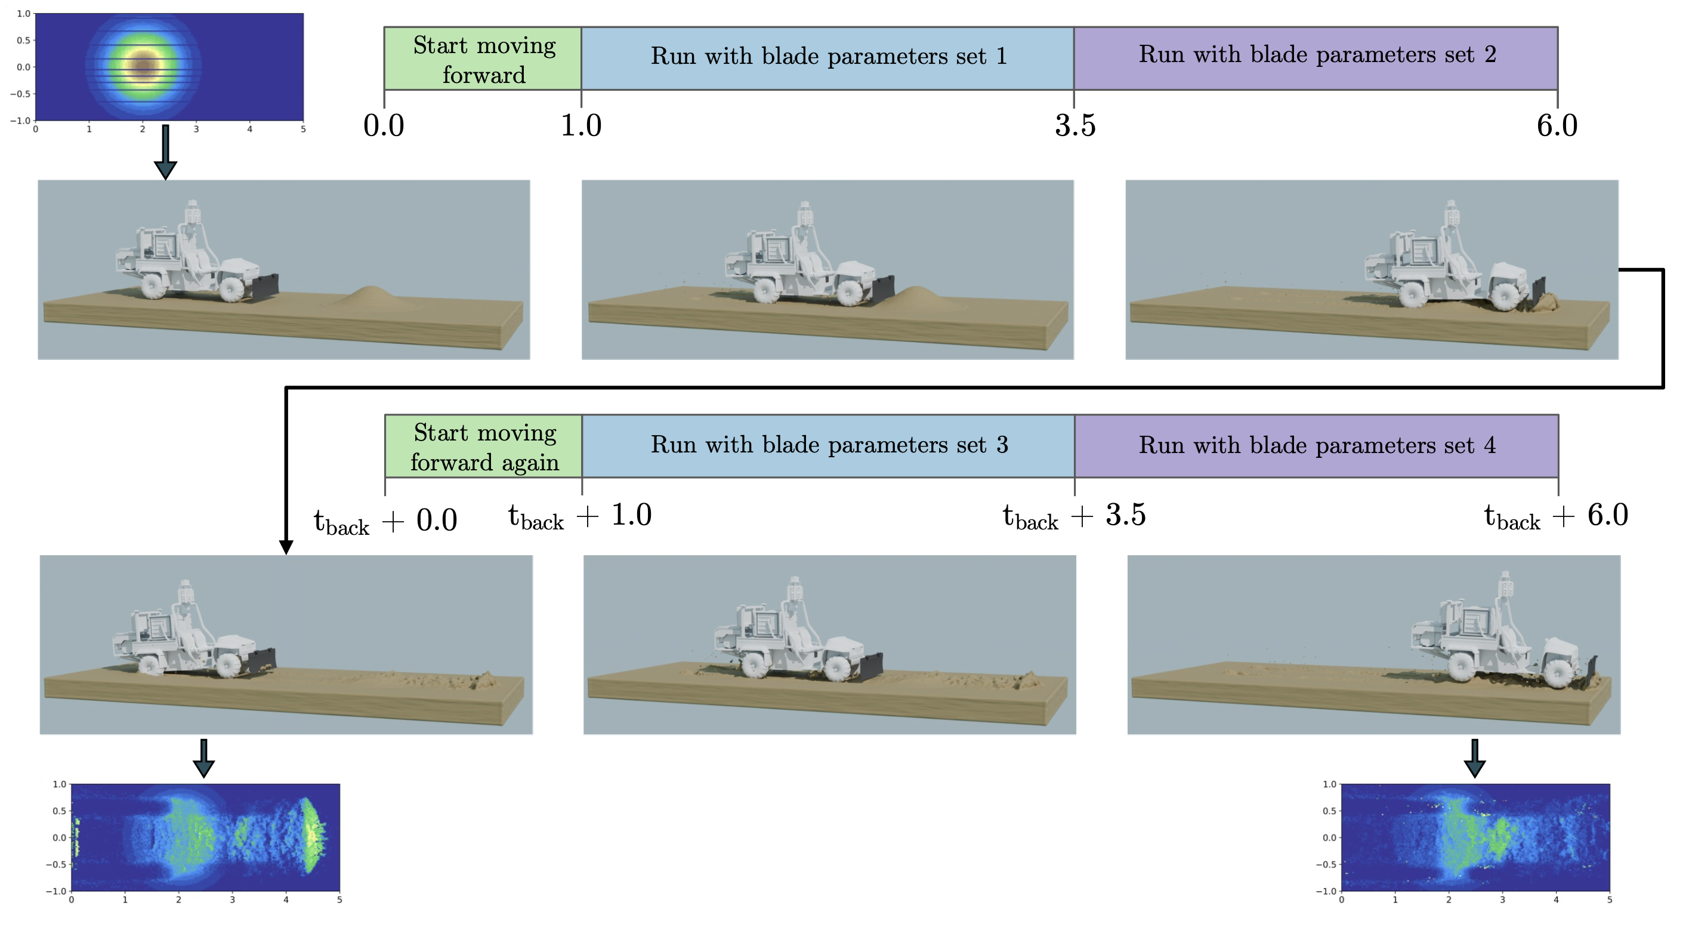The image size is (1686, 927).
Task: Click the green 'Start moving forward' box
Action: (x=483, y=59)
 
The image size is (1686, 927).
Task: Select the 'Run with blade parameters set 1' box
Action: (x=827, y=58)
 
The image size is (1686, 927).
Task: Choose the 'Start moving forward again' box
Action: (x=484, y=446)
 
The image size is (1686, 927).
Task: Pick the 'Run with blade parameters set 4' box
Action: (x=1316, y=446)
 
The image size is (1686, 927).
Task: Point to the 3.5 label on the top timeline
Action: (x=1074, y=126)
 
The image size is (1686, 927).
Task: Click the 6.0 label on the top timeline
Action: (x=1557, y=126)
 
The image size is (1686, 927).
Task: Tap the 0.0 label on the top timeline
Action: (x=384, y=126)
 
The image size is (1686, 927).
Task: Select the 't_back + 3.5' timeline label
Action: (x=1074, y=516)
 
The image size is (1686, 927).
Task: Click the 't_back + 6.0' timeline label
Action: (x=1556, y=516)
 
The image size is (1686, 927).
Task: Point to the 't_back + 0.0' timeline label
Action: (x=385, y=522)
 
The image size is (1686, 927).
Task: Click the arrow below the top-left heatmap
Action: (x=166, y=152)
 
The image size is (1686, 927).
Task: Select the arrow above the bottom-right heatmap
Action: (x=1474, y=758)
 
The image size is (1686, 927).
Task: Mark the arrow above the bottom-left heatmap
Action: (x=203, y=758)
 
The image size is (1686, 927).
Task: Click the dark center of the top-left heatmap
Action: (x=143, y=66)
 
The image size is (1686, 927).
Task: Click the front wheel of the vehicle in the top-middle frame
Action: (x=850, y=292)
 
